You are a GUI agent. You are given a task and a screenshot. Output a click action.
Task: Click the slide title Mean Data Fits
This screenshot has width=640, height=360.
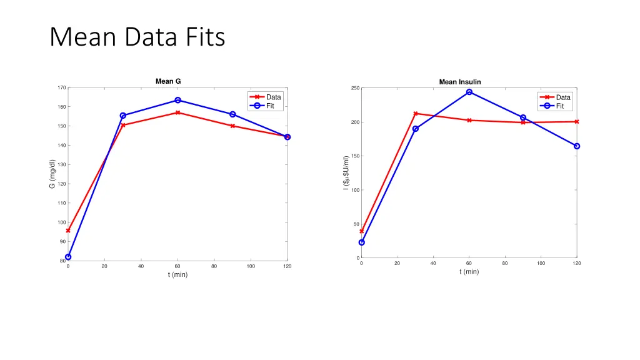point(137,37)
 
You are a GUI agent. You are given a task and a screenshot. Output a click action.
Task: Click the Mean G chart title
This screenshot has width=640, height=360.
point(168,81)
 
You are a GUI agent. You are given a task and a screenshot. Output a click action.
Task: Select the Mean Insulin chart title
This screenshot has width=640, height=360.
point(460,82)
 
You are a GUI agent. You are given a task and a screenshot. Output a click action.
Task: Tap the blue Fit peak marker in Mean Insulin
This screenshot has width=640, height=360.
point(469,92)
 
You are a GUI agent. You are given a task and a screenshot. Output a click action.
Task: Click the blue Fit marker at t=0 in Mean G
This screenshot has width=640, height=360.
point(68,257)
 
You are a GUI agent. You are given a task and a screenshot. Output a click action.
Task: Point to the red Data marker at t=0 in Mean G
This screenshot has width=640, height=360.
point(68,231)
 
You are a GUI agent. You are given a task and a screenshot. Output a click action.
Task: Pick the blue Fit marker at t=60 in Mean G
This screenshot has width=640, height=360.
point(178,100)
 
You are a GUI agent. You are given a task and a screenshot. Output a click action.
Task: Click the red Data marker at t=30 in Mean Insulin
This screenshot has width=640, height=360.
point(415,114)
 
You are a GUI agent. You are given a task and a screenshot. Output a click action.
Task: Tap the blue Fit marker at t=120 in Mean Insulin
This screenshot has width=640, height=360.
point(577,146)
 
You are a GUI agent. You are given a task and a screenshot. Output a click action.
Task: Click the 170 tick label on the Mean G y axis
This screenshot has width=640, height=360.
point(61,87)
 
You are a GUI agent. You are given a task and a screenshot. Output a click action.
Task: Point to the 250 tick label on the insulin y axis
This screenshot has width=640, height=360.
point(354,88)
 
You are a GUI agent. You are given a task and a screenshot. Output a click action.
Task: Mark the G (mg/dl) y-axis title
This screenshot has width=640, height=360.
point(52,174)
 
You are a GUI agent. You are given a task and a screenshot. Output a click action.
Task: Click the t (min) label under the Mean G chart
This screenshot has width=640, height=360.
point(177,274)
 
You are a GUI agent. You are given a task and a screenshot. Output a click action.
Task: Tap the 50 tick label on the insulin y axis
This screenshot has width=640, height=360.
point(356,224)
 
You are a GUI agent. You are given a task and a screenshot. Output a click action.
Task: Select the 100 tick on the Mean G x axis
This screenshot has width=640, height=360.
point(251,267)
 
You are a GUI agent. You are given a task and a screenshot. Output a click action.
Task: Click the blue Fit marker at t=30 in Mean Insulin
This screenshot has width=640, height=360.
point(415,129)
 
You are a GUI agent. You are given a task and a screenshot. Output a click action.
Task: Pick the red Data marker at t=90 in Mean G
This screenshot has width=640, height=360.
point(232,126)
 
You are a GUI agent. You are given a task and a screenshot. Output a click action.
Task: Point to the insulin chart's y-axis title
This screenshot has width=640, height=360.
point(346,173)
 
